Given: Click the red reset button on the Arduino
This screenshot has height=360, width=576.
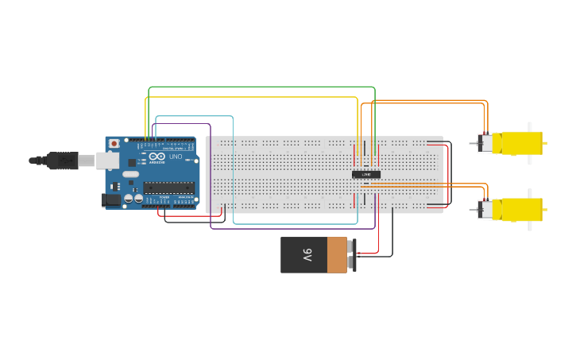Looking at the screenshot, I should [x=114, y=144].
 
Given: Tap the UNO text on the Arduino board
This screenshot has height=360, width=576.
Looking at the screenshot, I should [x=176, y=157].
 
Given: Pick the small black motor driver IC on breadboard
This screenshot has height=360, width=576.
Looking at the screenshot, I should [x=366, y=174].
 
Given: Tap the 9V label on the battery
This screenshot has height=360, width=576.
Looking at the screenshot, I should [x=307, y=255].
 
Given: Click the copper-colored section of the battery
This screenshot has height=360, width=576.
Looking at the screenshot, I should [x=337, y=255].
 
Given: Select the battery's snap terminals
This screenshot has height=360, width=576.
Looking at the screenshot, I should [x=351, y=255].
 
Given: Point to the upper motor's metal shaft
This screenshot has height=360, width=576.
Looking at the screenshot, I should [x=474, y=143].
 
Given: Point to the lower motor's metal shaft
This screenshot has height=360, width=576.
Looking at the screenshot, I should [x=474, y=210].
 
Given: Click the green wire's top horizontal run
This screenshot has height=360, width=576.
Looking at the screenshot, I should [x=262, y=87].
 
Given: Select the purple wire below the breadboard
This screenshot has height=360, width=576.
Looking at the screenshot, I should [x=294, y=229].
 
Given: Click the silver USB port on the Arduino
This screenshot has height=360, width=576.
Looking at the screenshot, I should [x=108, y=161].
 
